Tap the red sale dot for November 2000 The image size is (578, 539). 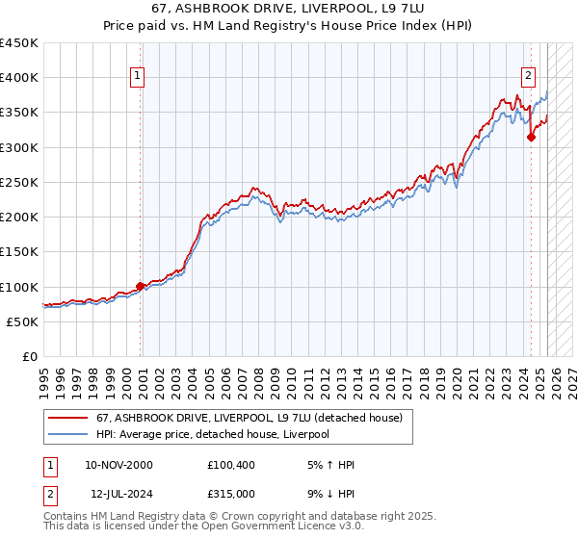coord(141,286)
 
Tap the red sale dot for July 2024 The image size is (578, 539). coord(531,138)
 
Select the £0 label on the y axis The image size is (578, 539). coord(29,357)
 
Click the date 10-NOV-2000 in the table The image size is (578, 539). coord(118,465)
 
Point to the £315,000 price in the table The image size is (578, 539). coord(230,493)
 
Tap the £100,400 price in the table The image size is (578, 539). coord(230,465)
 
